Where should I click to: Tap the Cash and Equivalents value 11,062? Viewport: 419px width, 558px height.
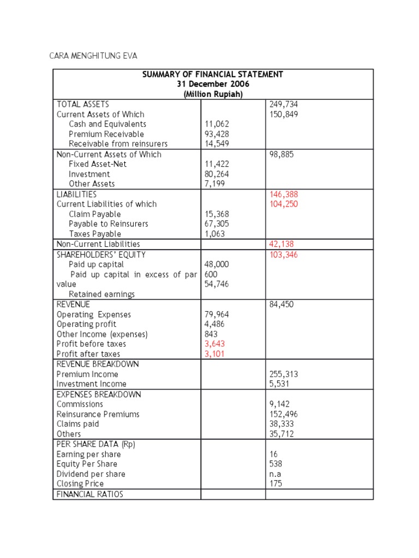point(217,124)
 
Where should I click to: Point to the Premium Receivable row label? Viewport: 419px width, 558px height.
point(106,134)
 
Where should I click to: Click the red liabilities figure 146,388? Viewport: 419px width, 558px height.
point(284,194)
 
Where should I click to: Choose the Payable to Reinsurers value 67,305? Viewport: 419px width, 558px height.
point(217,224)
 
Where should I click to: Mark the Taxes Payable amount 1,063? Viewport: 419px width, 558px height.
point(214,234)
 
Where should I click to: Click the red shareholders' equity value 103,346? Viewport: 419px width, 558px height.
point(284,254)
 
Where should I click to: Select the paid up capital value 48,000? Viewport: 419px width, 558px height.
point(217,264)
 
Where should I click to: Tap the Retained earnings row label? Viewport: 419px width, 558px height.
point(101,294)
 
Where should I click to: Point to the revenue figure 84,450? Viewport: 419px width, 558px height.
point(282,305)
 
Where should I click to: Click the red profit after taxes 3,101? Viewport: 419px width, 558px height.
point(214,354)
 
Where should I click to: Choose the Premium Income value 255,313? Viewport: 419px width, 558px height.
point(284,374)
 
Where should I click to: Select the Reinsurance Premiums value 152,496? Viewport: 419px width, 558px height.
point(284,414)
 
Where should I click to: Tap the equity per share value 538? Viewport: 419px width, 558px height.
point(276,464)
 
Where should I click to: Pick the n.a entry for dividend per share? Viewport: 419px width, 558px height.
point(276,474)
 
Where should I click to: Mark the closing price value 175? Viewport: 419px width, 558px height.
point(276,484)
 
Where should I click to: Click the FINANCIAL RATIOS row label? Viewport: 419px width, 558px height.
point(90,494)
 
